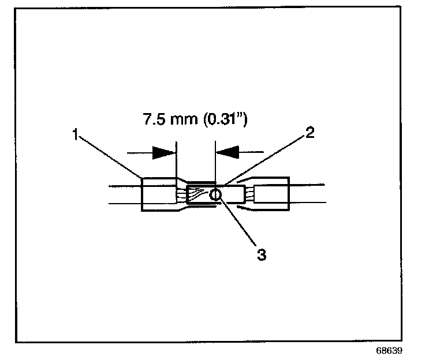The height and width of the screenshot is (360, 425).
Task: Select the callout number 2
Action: pyautogui.click(x=310, y=133)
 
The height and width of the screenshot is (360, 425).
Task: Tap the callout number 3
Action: pyautogui.click(x=261, y=254)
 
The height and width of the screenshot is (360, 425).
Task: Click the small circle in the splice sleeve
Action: pyautogui.click(x=215, y=195)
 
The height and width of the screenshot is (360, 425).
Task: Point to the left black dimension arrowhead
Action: pyautogui.click(x=163, y=153)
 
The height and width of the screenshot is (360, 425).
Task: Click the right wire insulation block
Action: pyautogui.click(x=271, y=194)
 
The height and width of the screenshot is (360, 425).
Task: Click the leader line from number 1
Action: pyautogui.click(x=110, y=156)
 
